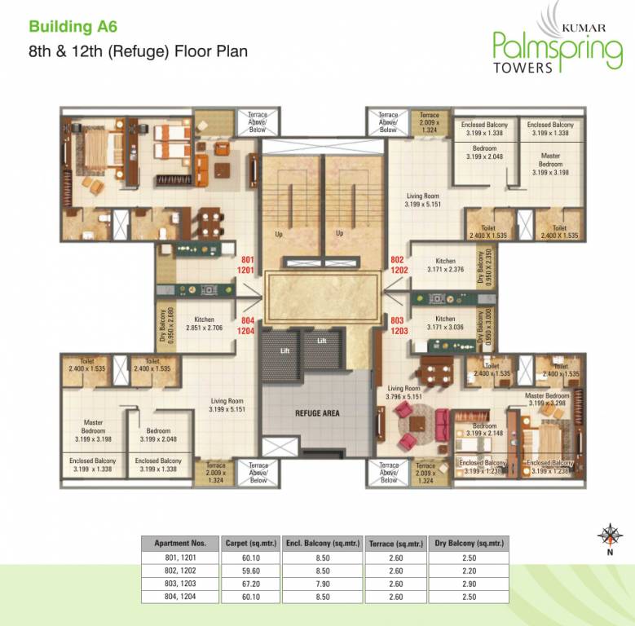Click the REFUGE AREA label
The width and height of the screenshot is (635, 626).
tap(316, 413)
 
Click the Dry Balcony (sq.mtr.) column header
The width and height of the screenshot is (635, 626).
tap(467, 543)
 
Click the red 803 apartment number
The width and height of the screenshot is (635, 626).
tap(397, 321)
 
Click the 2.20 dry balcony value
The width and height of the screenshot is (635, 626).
tap(467, 571)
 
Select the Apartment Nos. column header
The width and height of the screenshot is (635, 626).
tap(180, 543)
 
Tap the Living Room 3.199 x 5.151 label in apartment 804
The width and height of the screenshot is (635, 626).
tap(227, 405)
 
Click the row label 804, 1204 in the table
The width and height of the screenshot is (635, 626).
tap(180, 597)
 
